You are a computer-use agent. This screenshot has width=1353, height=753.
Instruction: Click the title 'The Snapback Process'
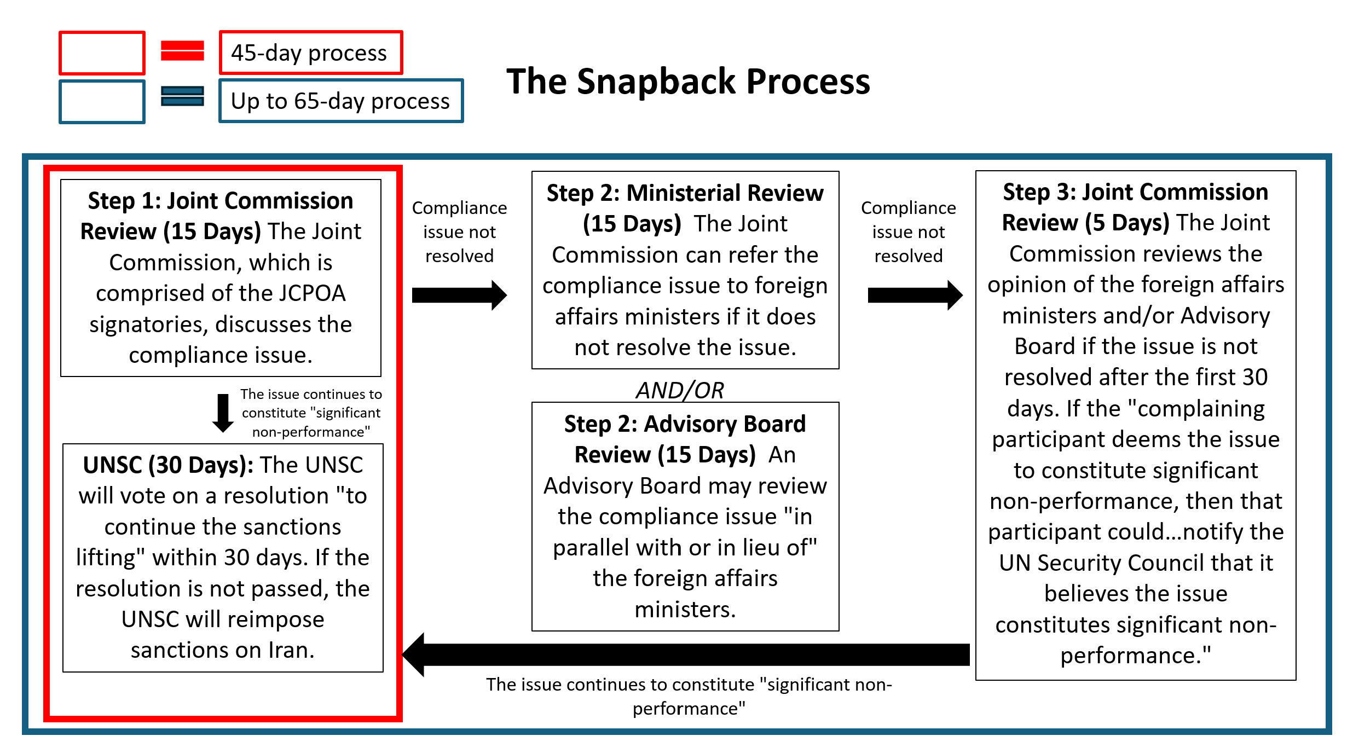tap(688, 82)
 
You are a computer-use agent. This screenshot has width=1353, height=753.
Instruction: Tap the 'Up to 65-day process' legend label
tap(341, 101)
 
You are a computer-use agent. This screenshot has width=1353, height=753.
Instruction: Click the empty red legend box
tap(102, 53)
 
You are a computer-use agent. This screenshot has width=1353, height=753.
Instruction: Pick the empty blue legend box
tap(102, 102)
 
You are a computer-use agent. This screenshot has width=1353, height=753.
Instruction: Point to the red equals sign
tap(182, 51)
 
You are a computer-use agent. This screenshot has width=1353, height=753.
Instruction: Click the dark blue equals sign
tap(182, 96)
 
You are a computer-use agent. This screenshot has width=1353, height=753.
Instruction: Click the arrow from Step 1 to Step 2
tap(459, 296)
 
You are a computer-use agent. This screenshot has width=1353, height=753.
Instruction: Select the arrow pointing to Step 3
tap(915, 296)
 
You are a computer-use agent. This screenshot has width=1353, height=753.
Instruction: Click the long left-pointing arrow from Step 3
tap(686, 654)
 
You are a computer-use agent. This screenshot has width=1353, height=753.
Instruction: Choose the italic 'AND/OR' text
tap(680, 390)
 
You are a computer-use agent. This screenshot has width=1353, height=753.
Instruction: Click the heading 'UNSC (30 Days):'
tap(168, 465)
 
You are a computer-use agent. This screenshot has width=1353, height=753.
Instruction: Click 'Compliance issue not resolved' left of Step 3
tap(909, 232)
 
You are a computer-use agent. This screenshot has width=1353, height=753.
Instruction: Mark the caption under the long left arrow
tap(689, 697)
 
